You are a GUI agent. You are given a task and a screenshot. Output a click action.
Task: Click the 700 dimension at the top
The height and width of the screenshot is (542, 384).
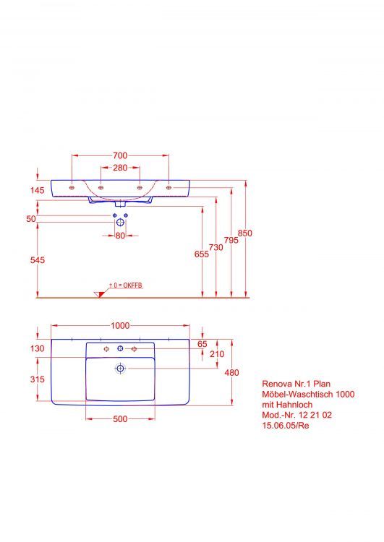(120, 155)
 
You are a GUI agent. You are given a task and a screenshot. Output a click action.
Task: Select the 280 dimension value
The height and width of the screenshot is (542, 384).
(120, 168)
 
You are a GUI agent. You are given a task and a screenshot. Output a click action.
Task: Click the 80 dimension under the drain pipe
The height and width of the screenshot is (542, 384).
(120, 236)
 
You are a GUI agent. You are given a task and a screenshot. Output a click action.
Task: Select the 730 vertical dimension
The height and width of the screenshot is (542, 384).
(216, 247)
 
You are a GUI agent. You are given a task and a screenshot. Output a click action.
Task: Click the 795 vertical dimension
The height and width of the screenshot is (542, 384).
(231, 240)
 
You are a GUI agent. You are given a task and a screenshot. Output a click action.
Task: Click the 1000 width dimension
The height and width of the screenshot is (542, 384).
(120, 326)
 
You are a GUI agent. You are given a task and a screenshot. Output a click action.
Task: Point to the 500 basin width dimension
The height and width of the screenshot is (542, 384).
(120, 420)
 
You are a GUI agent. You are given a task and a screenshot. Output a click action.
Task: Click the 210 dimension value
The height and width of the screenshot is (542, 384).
(217, 354)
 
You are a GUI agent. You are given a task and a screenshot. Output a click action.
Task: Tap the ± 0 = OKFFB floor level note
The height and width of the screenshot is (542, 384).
(126, 286)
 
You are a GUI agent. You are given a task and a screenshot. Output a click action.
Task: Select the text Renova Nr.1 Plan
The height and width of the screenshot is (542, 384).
(289, 385)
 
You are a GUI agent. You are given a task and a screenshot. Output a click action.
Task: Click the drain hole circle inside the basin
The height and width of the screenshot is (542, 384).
(120, 369)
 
